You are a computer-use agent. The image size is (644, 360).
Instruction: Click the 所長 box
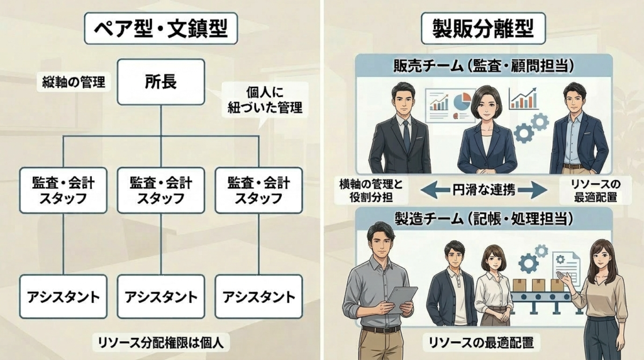pyautogui.click(x=160, y=82)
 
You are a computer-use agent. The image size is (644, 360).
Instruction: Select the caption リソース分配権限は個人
pyautogui.click(x=160, y=342)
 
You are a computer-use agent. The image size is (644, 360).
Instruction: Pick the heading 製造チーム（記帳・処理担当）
pyautogui.click(x=483, y=219)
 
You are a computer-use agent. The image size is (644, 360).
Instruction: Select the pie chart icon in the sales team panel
pyautogui.click(x=463, y=101)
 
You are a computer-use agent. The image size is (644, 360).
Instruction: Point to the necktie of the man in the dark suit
pyautogui.click(x=406, y=135)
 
